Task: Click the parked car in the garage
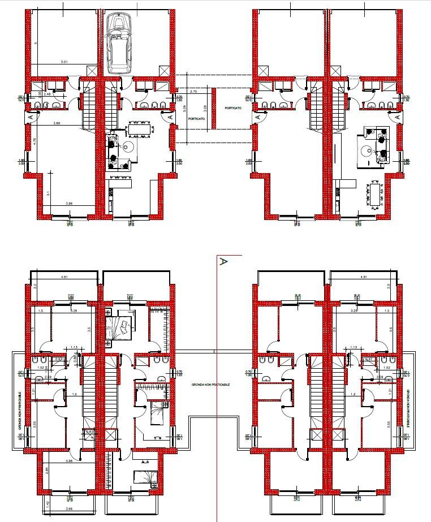pos(118,44)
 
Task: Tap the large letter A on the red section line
pos(223,262)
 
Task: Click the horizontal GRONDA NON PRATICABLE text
pos(210,384)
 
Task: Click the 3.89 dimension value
pos(57,123)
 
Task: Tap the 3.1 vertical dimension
pos(48,193)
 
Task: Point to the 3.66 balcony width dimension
pos(70,510)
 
